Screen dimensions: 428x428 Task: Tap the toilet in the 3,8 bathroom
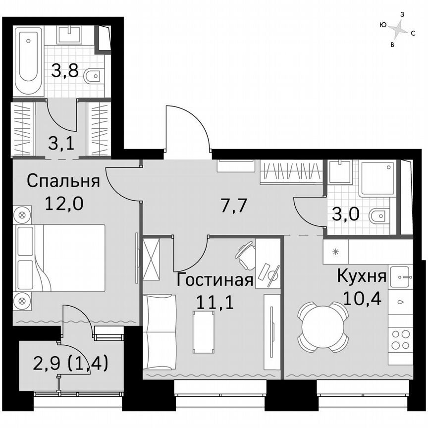pyautogui.click(x=93, y=76)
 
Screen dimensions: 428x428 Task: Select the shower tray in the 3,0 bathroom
pyautogui.click(x=377, y=178)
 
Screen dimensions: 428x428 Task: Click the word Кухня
pyautogui.click(x=361, y=276)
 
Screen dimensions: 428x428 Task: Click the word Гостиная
pyautogui.click(x=216, y=280)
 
